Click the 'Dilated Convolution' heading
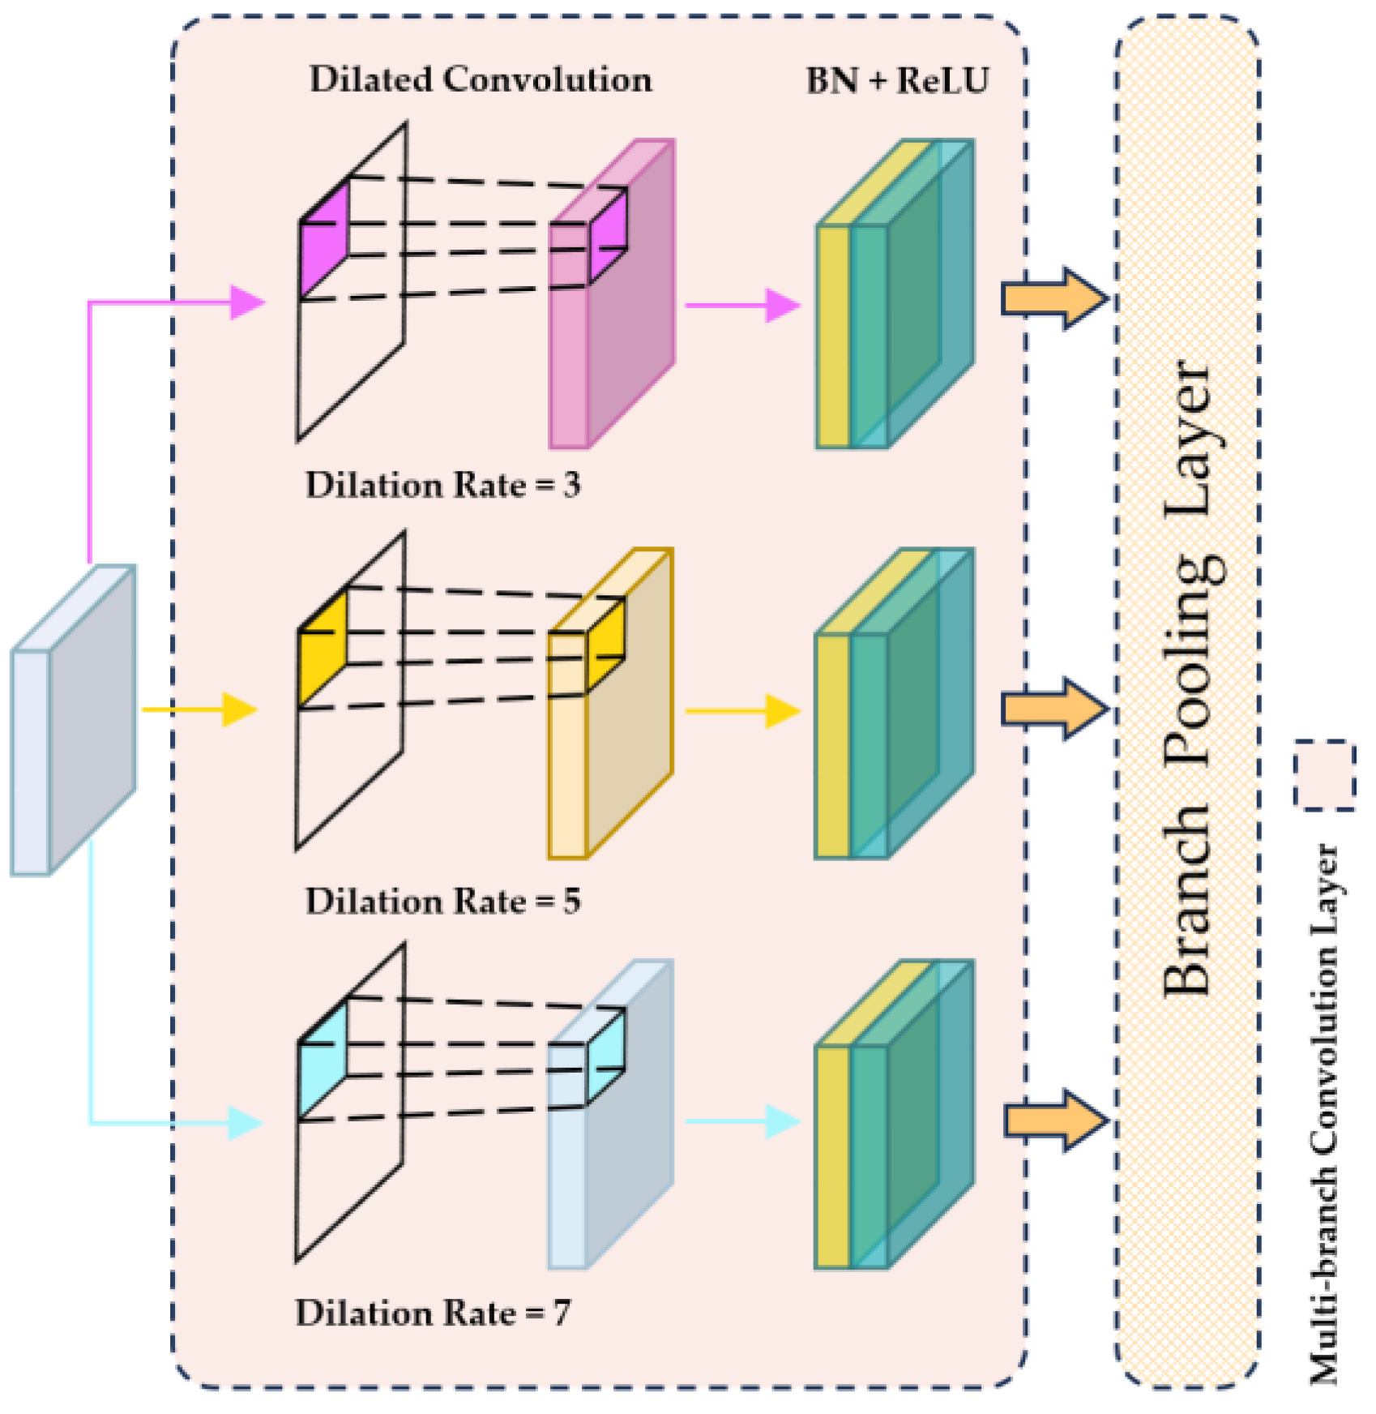click(481, 79)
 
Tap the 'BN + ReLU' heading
click(897, 80)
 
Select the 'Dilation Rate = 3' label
click(442, 485)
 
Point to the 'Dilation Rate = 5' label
click(442, 901)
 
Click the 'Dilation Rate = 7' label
click(432, 1313)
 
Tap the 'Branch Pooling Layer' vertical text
click(1189, 677)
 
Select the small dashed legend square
click(1324, 775)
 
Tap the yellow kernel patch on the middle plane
click(323, 649)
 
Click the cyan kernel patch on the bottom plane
click(323, 1060)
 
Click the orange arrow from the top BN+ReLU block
click(1053, 298)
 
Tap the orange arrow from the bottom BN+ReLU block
click(1055, 1120)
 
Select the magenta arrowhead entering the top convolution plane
click(246, 302)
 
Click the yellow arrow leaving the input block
click(199, 709)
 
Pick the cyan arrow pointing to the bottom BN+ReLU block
click(741, 1121)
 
